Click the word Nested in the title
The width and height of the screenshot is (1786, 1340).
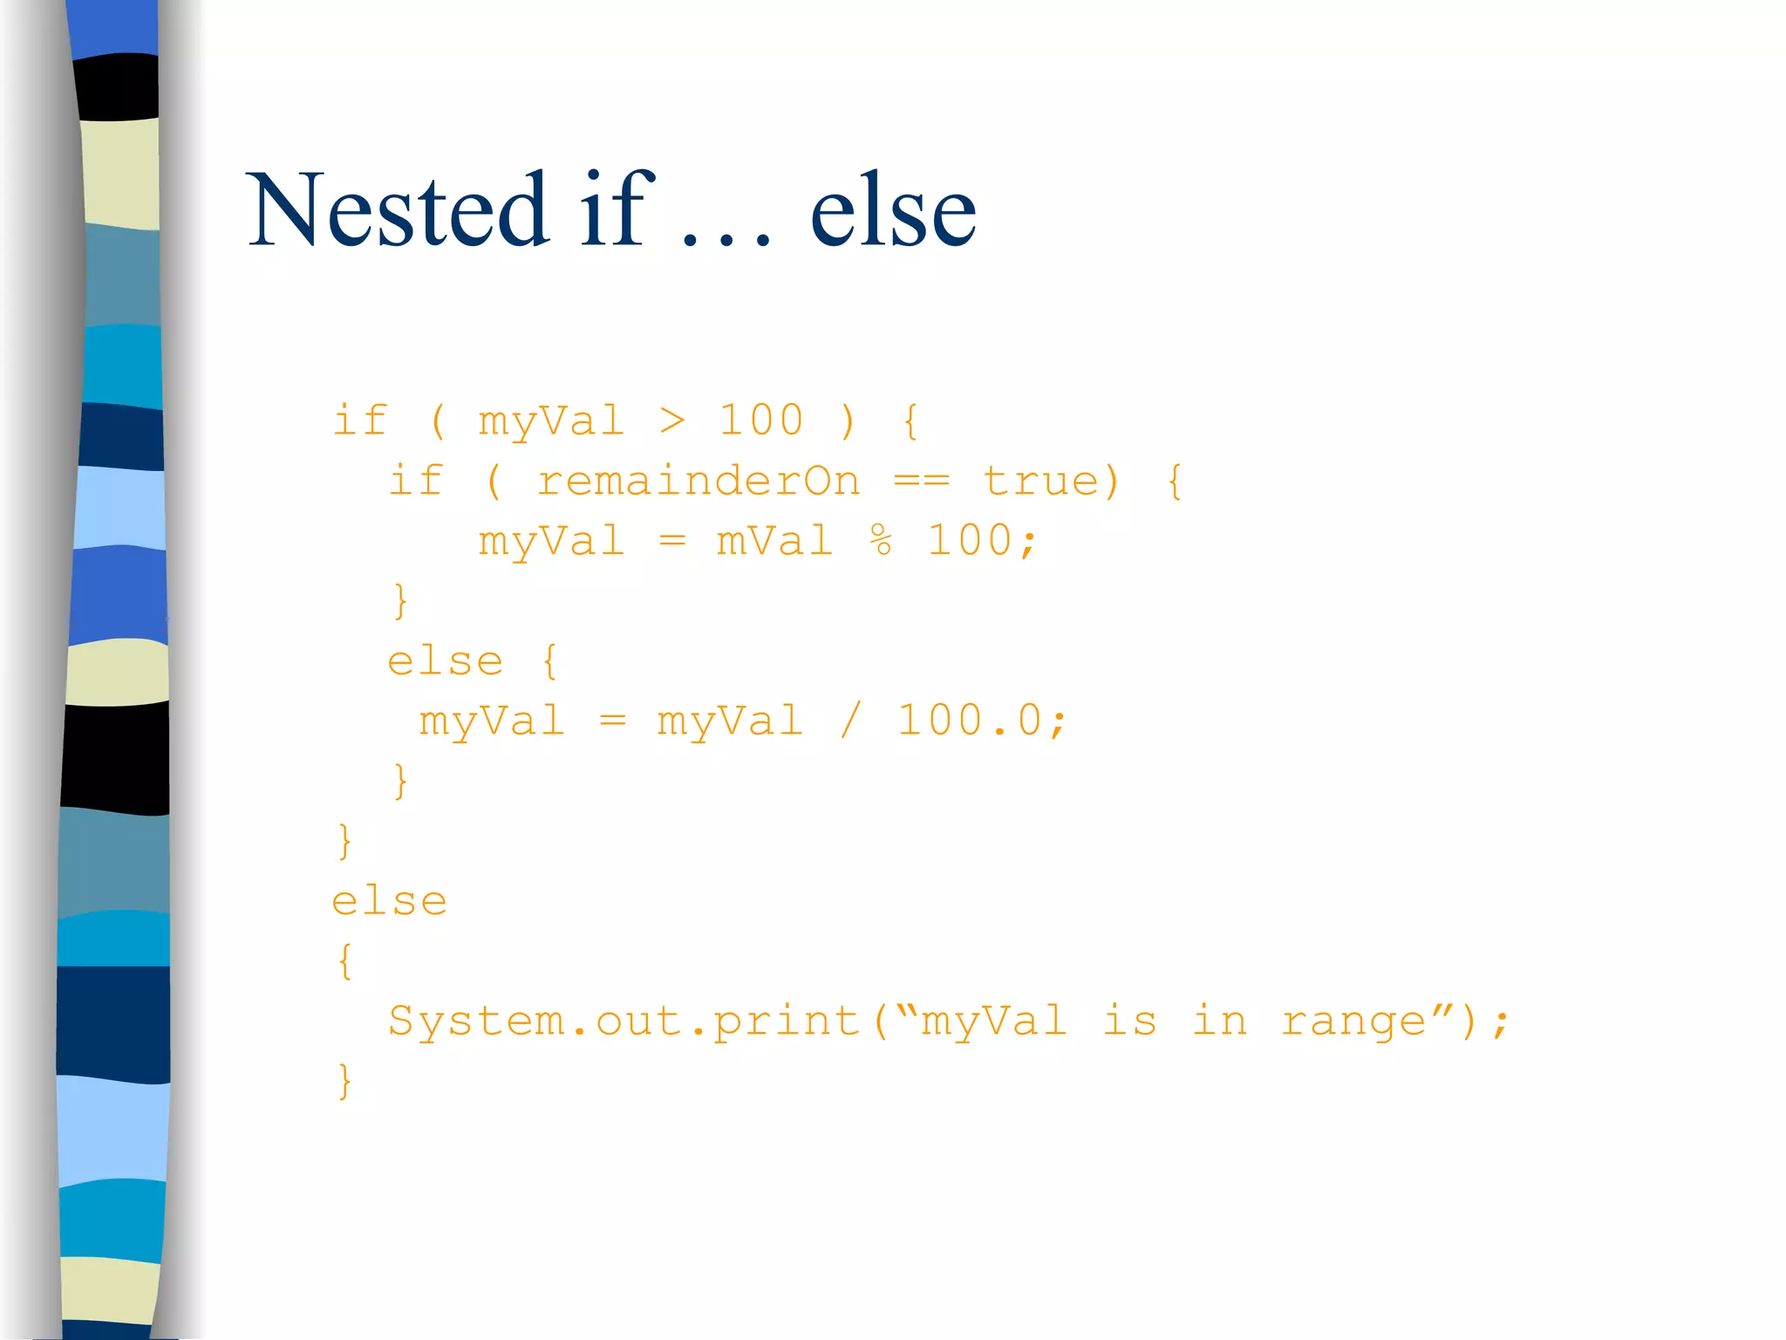[398, 210]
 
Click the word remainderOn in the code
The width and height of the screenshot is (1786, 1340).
[698, 482]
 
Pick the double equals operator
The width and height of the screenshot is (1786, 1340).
[922, 482]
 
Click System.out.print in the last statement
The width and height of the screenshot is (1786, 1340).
[624, 1022]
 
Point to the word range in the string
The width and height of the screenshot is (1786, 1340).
[1353, 1022]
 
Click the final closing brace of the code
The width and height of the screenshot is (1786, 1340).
[345, 1082]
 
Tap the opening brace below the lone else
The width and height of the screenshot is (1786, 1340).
[345, 961]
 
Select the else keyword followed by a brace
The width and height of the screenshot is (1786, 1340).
[445, 661]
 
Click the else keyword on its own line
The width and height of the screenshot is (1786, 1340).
[389, 901]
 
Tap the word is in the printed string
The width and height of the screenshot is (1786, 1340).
[1129, 1022]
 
